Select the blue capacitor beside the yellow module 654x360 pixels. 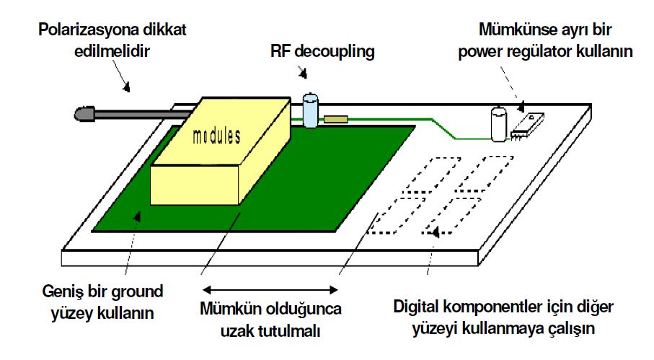[x=311, y=110]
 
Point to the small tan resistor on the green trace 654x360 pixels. [x=335, y=119]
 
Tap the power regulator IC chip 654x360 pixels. [x=527, y=126]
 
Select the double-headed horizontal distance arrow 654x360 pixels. [x=269, y=290]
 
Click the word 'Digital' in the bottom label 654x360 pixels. [x=420, y=307]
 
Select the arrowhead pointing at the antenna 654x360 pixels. [x=128, y=88]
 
